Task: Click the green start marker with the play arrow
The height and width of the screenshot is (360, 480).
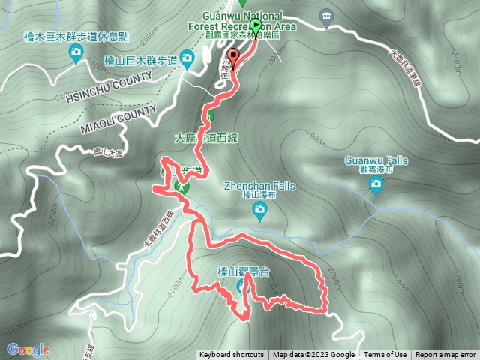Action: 256,26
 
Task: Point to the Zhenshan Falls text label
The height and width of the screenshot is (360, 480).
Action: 259,187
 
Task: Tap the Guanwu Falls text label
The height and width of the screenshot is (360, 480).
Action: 375,160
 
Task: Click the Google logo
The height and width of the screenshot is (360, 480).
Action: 28,349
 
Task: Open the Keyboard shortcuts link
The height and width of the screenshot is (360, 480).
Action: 231,355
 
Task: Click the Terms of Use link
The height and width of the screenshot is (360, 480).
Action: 385,355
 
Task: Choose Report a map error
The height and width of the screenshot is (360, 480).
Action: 445,355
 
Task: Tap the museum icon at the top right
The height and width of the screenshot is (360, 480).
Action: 325,16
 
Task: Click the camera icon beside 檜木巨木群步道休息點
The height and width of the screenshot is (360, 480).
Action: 76,52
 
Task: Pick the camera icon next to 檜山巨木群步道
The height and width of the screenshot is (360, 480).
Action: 187,59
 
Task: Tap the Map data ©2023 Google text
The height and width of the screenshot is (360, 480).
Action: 313,355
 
